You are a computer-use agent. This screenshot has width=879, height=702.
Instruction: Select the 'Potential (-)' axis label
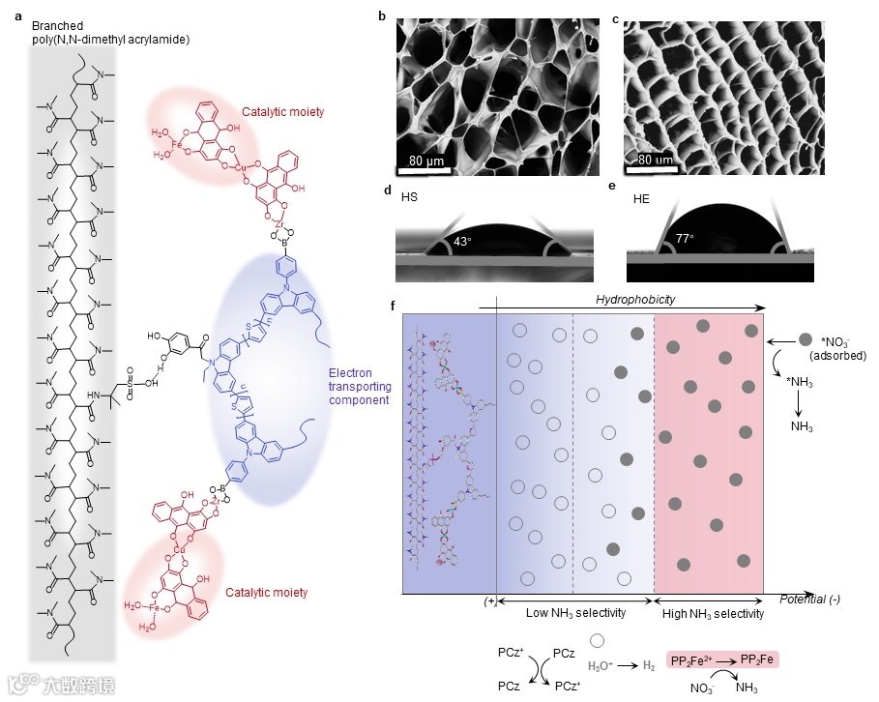809,600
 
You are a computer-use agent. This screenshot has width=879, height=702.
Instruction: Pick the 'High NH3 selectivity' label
713,613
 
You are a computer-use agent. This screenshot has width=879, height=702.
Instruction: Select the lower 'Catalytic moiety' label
268,592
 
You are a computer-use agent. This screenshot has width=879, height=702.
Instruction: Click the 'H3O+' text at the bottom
604,665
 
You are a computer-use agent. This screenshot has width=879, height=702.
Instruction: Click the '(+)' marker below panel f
490,600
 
